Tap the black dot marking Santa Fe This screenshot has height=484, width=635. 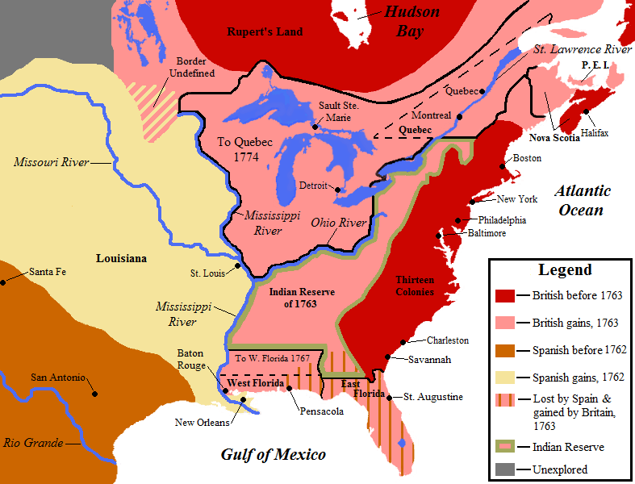pos(4,282)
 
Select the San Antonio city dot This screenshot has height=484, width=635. pos(95,394)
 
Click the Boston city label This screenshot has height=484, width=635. pos(527,158)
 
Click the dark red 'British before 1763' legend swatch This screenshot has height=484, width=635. pos(506,296)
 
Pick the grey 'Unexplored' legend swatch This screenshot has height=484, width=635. pos(506,469)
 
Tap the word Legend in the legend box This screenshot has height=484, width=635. pos(565,270)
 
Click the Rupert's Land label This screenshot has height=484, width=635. pos(265,31)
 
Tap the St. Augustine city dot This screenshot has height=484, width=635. pos(390,398)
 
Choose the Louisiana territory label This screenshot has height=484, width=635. pos(121,259)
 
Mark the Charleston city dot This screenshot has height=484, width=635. pos(412,343)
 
